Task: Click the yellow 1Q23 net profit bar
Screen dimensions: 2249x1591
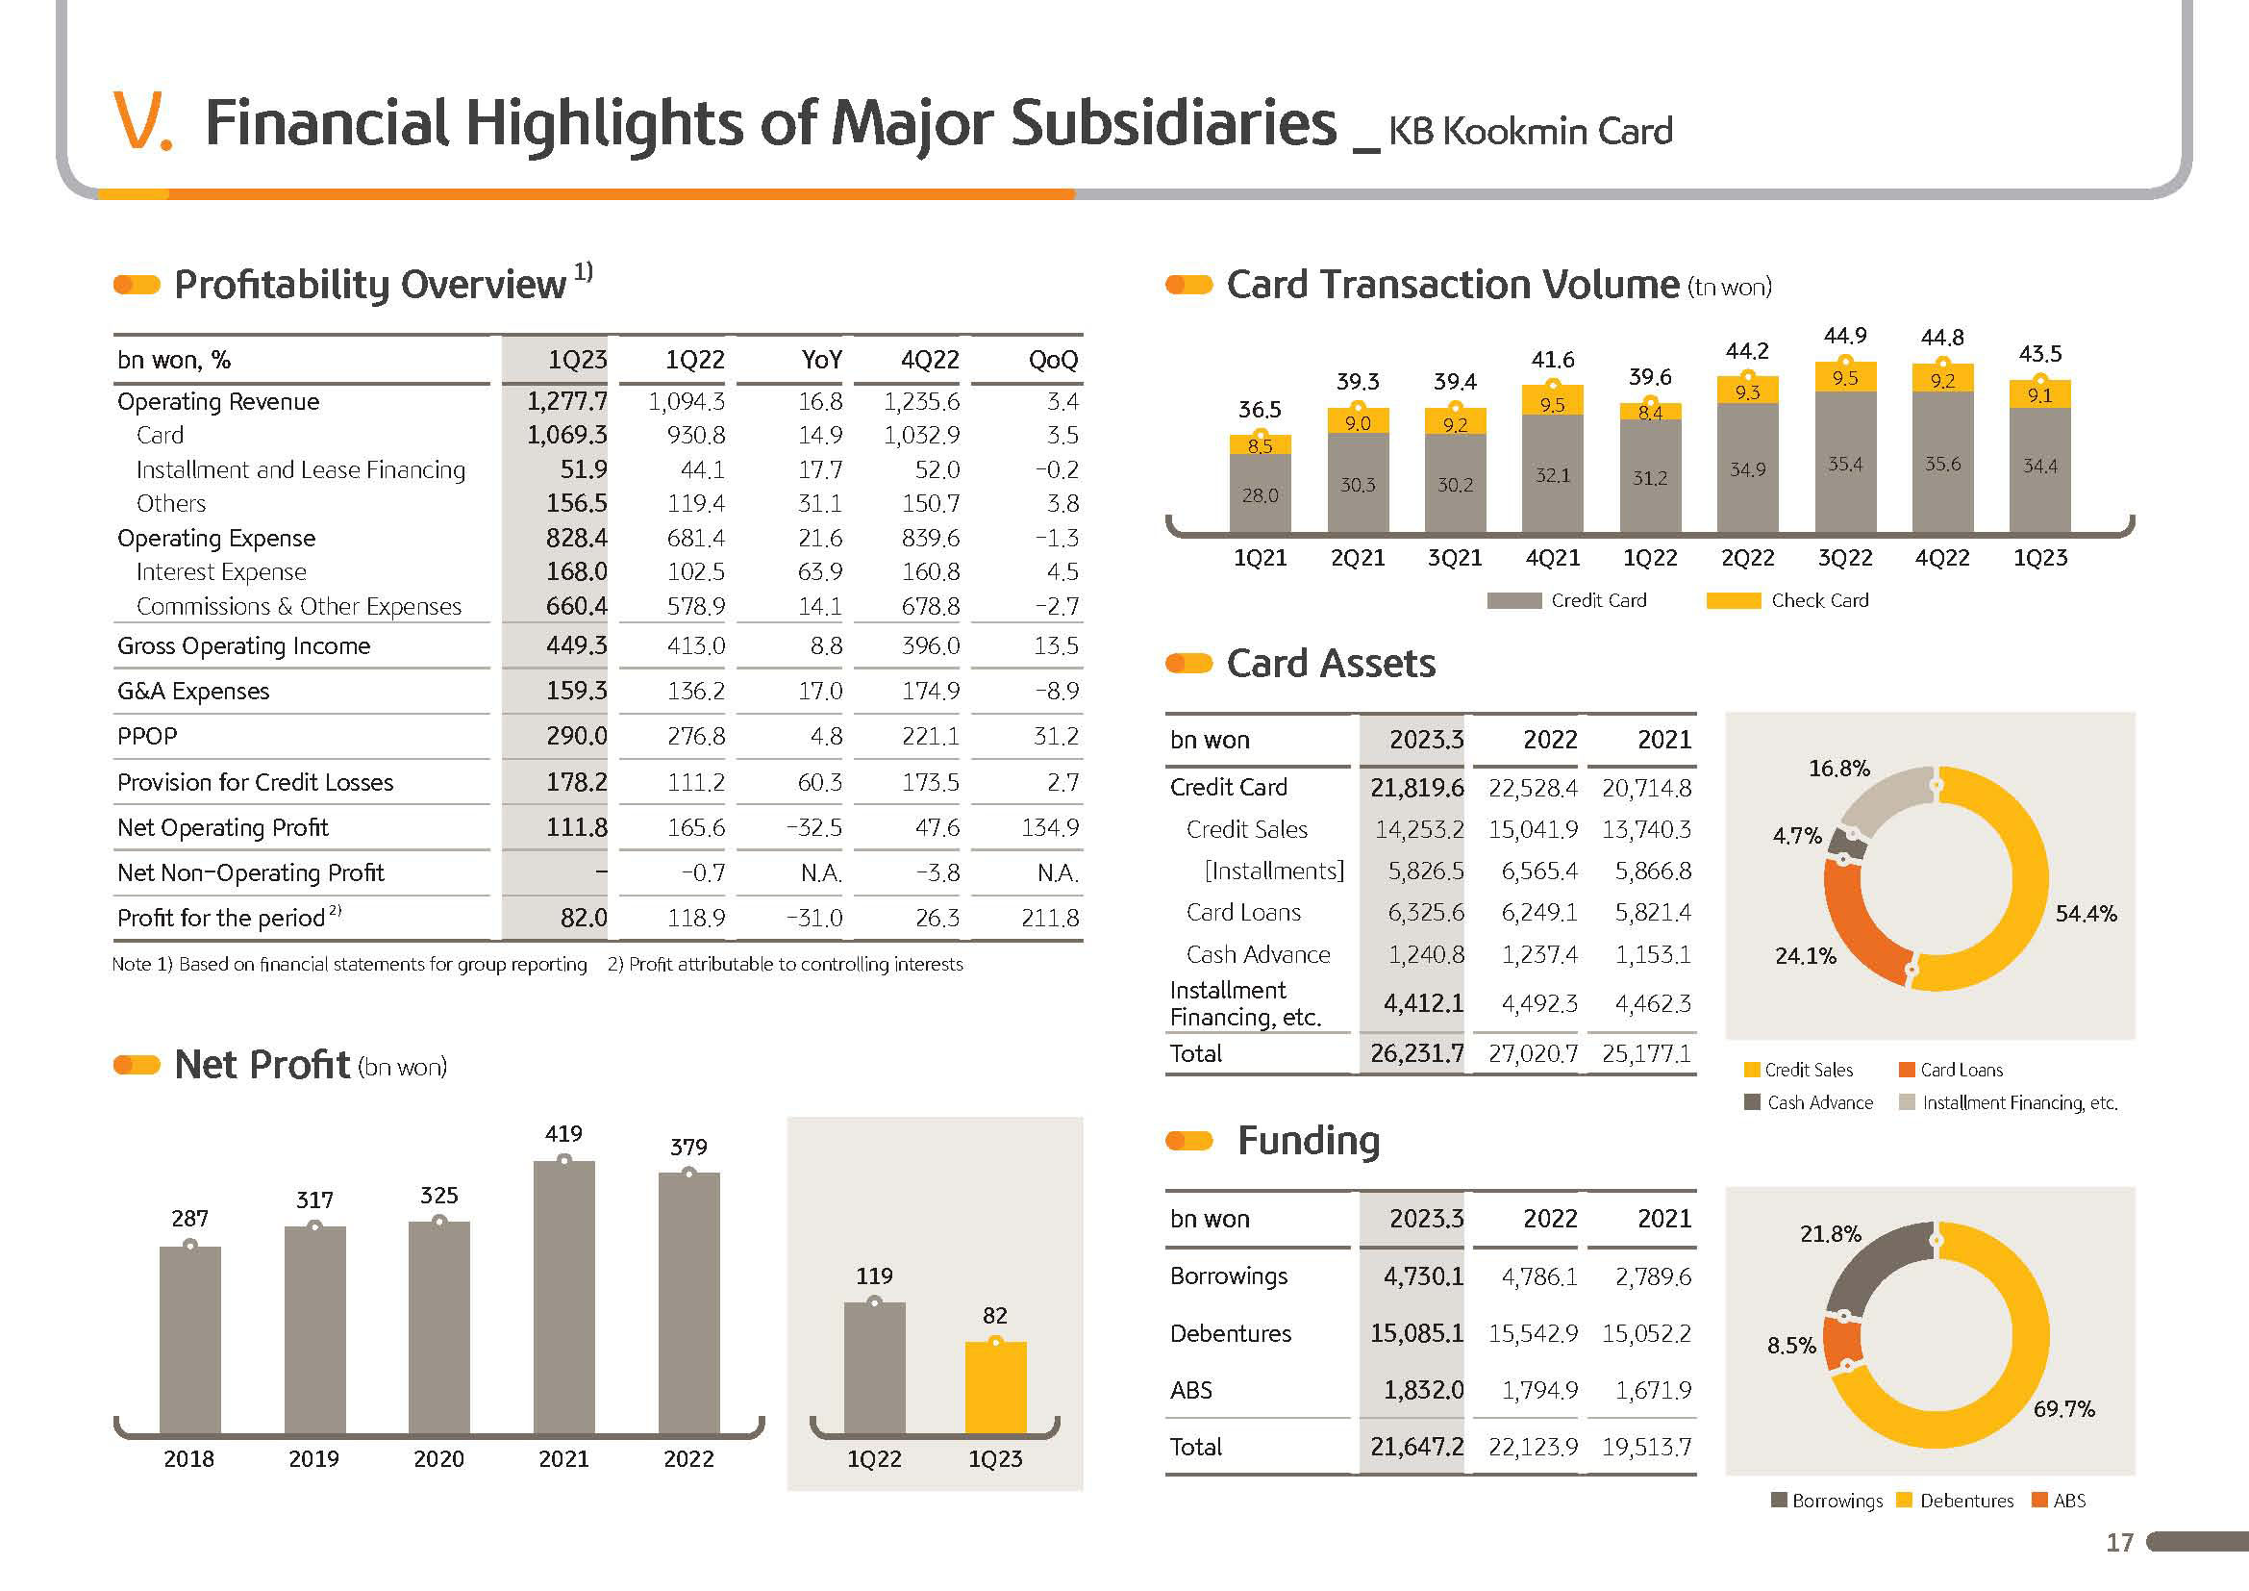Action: (x=995, y=1387)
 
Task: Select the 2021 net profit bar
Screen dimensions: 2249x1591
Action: (x=564, y=1297)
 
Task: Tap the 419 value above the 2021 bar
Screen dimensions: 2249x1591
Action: (x=563, y=1133)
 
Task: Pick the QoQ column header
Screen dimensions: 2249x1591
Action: (x=1053, y=360)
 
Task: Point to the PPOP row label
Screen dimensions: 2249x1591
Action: (x=147, y=736)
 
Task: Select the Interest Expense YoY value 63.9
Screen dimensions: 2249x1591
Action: (x=820, y=571)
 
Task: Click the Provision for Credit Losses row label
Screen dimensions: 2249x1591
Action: (x=255, y=782)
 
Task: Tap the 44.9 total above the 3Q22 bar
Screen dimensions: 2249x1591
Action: (x=1844, y=335)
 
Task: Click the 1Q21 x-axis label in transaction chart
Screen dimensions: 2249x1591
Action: (x=1260, y=558)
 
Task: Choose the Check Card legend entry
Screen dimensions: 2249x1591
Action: (x=1787, y=600)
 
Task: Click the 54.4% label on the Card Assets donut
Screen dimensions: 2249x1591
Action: (x=2086, y=913)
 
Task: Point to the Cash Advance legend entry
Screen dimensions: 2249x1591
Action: (x=1809, y=1102)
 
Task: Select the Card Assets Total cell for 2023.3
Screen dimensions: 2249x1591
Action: (x=1416, y=1053)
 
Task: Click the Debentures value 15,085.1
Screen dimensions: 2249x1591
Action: (x=1416, y=1332)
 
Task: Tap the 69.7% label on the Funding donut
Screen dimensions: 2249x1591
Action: (x=2063, y=1409)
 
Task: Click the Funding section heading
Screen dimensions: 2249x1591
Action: (x=1309, y=1141)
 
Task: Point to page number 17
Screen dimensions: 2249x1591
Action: (x=2120, y=1543)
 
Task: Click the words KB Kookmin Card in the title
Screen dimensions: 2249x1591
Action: (x=1530, y=131)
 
